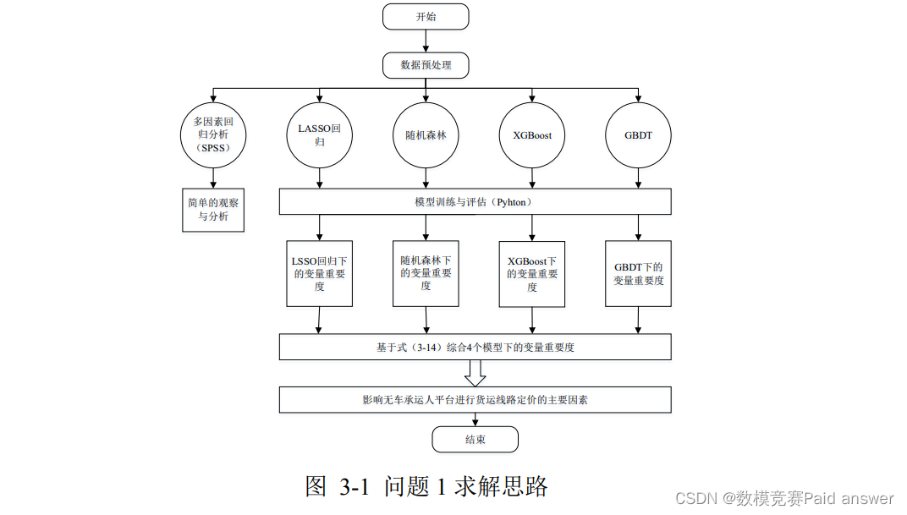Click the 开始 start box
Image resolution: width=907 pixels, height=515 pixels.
[x=426, y=16]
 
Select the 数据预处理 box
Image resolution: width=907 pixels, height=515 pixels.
[x=426, y=64]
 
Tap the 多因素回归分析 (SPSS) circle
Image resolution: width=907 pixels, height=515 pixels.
[x=213, y=134]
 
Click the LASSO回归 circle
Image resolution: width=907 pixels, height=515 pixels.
[x=319, y=134]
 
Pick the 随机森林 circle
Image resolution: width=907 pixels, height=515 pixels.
[x=426, y=134]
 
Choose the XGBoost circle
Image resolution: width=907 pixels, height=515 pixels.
[x=532, y=134]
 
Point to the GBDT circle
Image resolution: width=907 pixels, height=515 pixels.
[x=638, y=134]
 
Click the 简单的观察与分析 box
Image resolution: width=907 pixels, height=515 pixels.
[x=213, y=209]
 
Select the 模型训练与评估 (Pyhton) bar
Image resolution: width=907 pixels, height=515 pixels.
[x=475, y=201]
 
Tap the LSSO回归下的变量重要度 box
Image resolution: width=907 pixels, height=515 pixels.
[x=319, y=273]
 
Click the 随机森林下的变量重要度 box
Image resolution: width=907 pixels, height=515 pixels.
[x=426, y=273]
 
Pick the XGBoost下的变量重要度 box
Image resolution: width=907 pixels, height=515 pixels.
[x=532, y=273]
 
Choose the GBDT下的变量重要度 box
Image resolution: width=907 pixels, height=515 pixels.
[x=638, y=273]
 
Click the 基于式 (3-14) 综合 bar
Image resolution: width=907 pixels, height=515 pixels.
[x=475, y=347]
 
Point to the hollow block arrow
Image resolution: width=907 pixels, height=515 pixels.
[x=475, y=373]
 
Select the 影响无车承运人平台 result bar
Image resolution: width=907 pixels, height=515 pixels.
[x=475, y=399]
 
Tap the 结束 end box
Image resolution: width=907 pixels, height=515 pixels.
[x=475, y=440]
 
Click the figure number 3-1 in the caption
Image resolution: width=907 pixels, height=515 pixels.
[x=354, y=487]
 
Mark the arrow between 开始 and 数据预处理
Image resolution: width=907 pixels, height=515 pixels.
[x=426, y=41]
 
